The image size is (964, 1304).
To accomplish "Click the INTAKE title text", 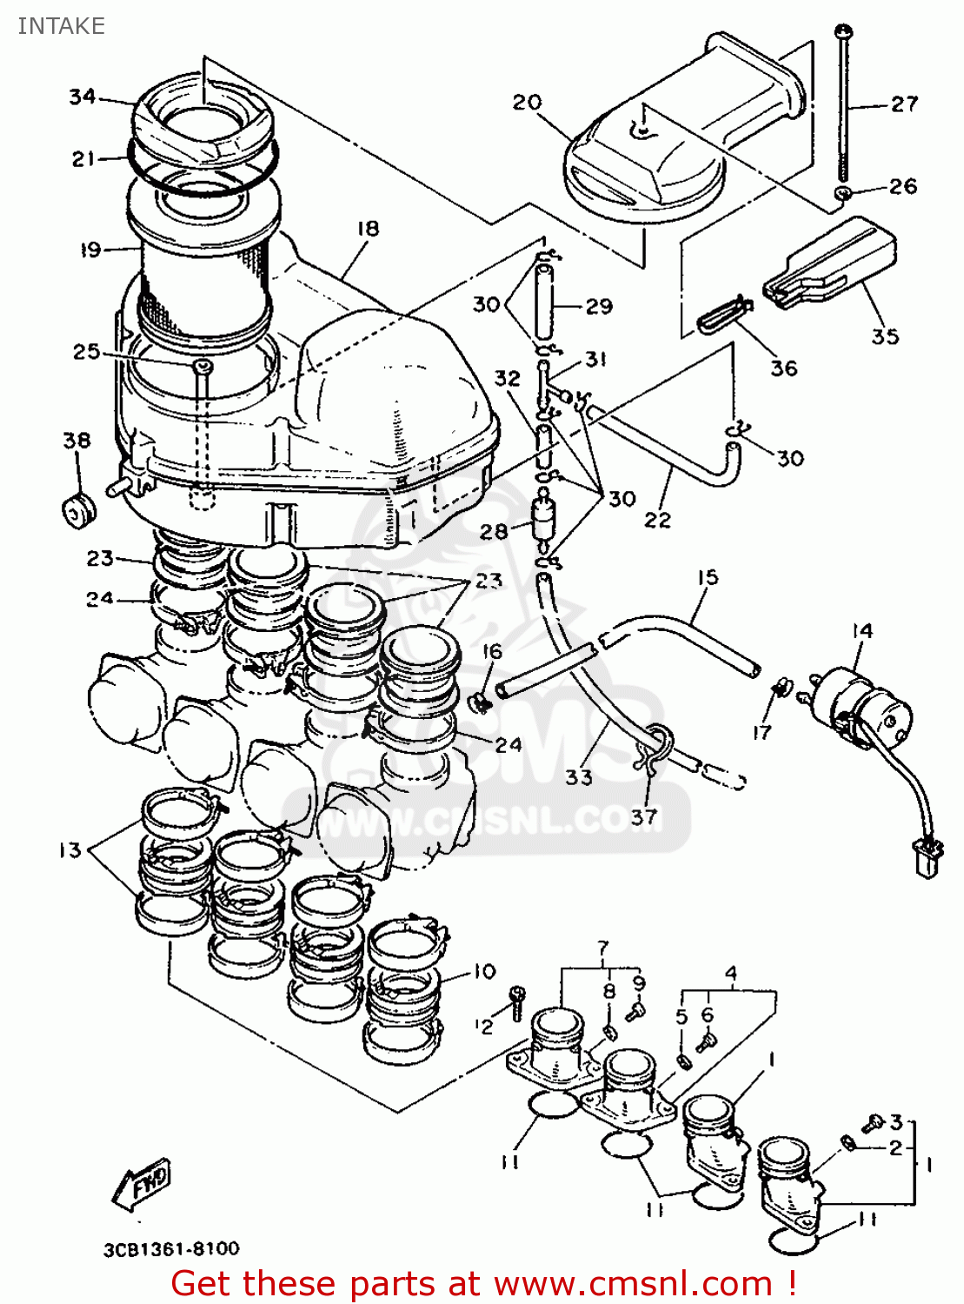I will click(x=61, y=26).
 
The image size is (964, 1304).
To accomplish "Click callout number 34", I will click(x=82, y=96).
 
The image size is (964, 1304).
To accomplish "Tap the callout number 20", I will click(x=527, y=103).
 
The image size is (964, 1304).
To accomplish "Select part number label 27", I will click(x=904, y=104).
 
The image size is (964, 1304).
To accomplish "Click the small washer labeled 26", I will click(x=842, y=192).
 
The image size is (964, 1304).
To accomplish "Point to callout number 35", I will click(x=885, y=336).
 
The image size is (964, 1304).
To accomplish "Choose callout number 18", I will click(x=368, y=229).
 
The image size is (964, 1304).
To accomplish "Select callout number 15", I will click(x=708, y=577).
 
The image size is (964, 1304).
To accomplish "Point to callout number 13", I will click(x=70, y=850).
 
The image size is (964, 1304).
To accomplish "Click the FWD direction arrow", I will click(x=142, y=1183).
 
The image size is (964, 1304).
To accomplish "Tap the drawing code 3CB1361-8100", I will click(x=171, y=1249).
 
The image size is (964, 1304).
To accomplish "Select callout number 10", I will click(x=484, y=971).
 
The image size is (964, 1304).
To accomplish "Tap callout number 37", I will click(x=644, y=817).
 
